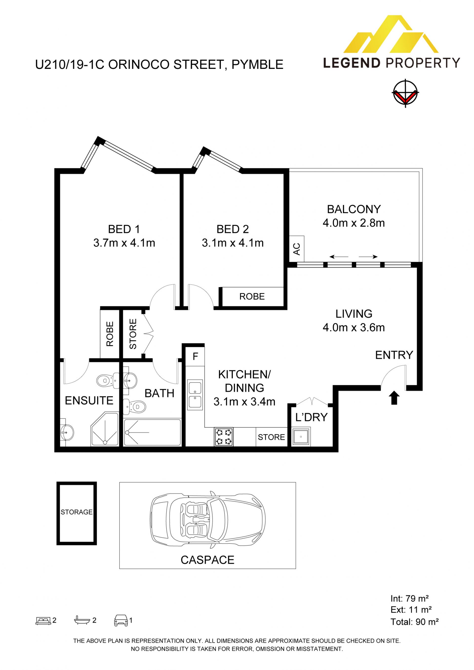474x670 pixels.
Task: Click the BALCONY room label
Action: tap(354, 209)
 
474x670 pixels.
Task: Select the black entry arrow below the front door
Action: tap(394, 398)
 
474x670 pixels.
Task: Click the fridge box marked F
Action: tap(195, 356)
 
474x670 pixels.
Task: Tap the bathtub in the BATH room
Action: tap(152, 432)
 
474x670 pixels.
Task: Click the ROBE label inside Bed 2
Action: tap(252, 296)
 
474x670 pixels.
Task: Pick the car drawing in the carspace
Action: tap(208, 519)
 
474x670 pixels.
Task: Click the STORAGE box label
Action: tap(77, 512)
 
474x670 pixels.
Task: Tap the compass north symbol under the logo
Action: tap(405, 93)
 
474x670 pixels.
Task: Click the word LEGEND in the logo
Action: tap(352, 63)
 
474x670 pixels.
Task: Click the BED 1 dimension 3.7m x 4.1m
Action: tap(124, 243)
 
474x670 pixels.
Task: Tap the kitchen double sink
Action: tap(195, 395)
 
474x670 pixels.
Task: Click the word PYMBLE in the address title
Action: tap(257, 64)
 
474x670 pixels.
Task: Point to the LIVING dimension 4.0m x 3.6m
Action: tap(354, 327)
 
